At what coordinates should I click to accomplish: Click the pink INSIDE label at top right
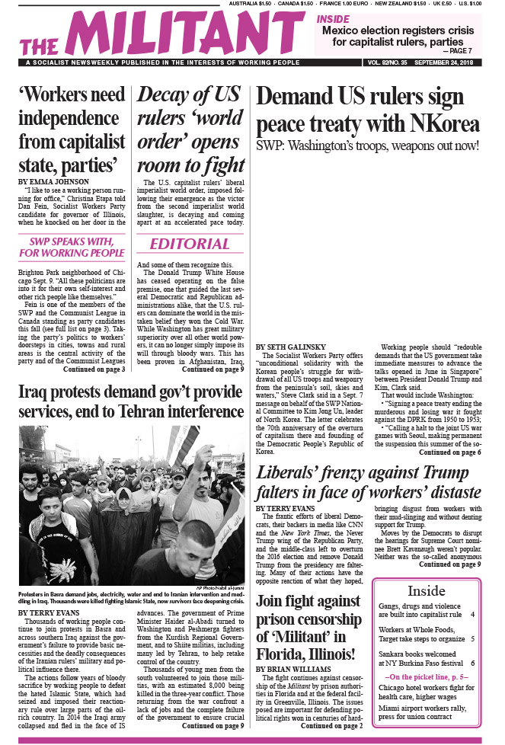pos(333,18)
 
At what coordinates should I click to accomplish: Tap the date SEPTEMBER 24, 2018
pos(449,62)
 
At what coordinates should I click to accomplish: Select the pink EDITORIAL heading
pos(189,244)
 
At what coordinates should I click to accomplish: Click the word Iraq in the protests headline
pos(35,392)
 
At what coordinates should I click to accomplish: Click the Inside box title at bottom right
pos(427,591)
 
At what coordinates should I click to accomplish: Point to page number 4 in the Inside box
pos(472,614)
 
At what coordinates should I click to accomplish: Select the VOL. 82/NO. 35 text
pos(385,62)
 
